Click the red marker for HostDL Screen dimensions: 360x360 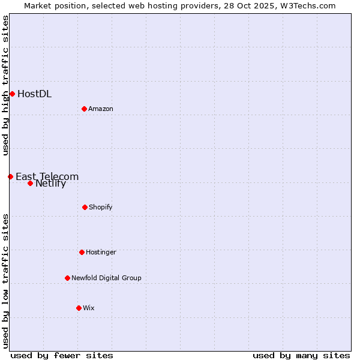[x=12, y=94]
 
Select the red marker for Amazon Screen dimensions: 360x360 [x=84, y=109]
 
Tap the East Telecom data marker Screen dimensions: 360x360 [x=10, y=176]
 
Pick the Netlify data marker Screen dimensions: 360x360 [x=30, y=183]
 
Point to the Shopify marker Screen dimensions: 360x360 [x=85, y=207]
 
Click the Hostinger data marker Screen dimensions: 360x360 [x=82, y=252]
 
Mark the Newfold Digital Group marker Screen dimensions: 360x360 [x=67, y=278]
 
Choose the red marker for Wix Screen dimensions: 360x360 [x=79, y=308]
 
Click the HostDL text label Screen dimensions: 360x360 [x=34, y=94]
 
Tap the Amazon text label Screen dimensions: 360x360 [x=101, y=109]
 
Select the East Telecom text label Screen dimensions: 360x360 [x=47, y=176]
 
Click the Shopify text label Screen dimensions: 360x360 [x=101, y=207]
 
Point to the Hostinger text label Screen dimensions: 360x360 [x=101, y=252]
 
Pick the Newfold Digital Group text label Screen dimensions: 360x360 [x=106, y=278]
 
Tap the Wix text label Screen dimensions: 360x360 [x=89, y=308]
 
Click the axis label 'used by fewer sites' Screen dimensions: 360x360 [x=62, y=355]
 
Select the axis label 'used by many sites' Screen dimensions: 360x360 [x=301, y=355]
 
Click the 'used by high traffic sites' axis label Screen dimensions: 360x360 [x=5, y=85]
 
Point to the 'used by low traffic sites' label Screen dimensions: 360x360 [x=5, y=280]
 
